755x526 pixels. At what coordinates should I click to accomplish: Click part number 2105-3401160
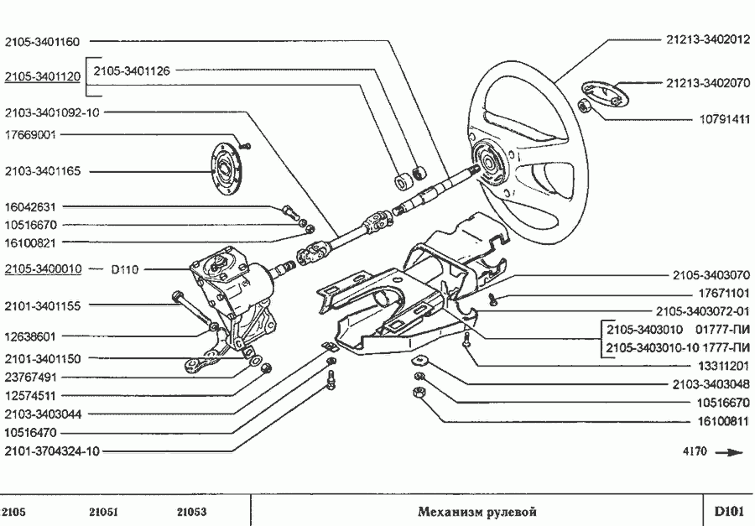42,40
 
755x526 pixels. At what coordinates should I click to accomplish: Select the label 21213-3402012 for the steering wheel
707,39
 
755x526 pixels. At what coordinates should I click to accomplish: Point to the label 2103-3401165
42,171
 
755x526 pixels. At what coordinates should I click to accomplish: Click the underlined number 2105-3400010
42,269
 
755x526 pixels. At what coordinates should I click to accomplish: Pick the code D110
125,270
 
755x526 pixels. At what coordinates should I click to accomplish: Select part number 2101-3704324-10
52,450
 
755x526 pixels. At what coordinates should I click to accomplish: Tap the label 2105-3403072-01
701,310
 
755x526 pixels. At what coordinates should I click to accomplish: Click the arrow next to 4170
731,452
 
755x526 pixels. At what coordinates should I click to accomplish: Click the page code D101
728,512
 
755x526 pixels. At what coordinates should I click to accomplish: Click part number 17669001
30,134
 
